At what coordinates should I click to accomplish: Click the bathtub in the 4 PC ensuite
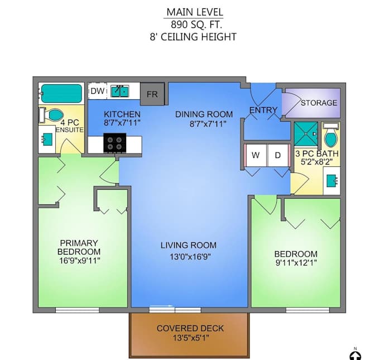pos(61,93)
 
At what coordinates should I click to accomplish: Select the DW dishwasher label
pos(98,91)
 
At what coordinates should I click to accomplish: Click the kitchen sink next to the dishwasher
pos(119,91)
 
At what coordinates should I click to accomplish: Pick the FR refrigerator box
pos(152,94)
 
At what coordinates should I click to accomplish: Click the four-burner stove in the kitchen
pos(116,143)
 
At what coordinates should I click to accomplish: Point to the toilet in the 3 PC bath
pos(330,136)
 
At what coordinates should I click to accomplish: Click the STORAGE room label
pos(319,103)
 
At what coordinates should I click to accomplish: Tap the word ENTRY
pos(263,110)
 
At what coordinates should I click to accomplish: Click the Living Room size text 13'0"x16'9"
pos(188,256)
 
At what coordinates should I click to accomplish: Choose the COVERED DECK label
pos(190,328)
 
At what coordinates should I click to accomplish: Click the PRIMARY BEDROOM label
pos(79,247)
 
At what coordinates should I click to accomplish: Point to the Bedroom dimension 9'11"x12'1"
pos(297,263)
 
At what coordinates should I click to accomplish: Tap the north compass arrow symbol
pos(355,354)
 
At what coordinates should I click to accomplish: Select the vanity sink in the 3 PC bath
pos(331,180)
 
